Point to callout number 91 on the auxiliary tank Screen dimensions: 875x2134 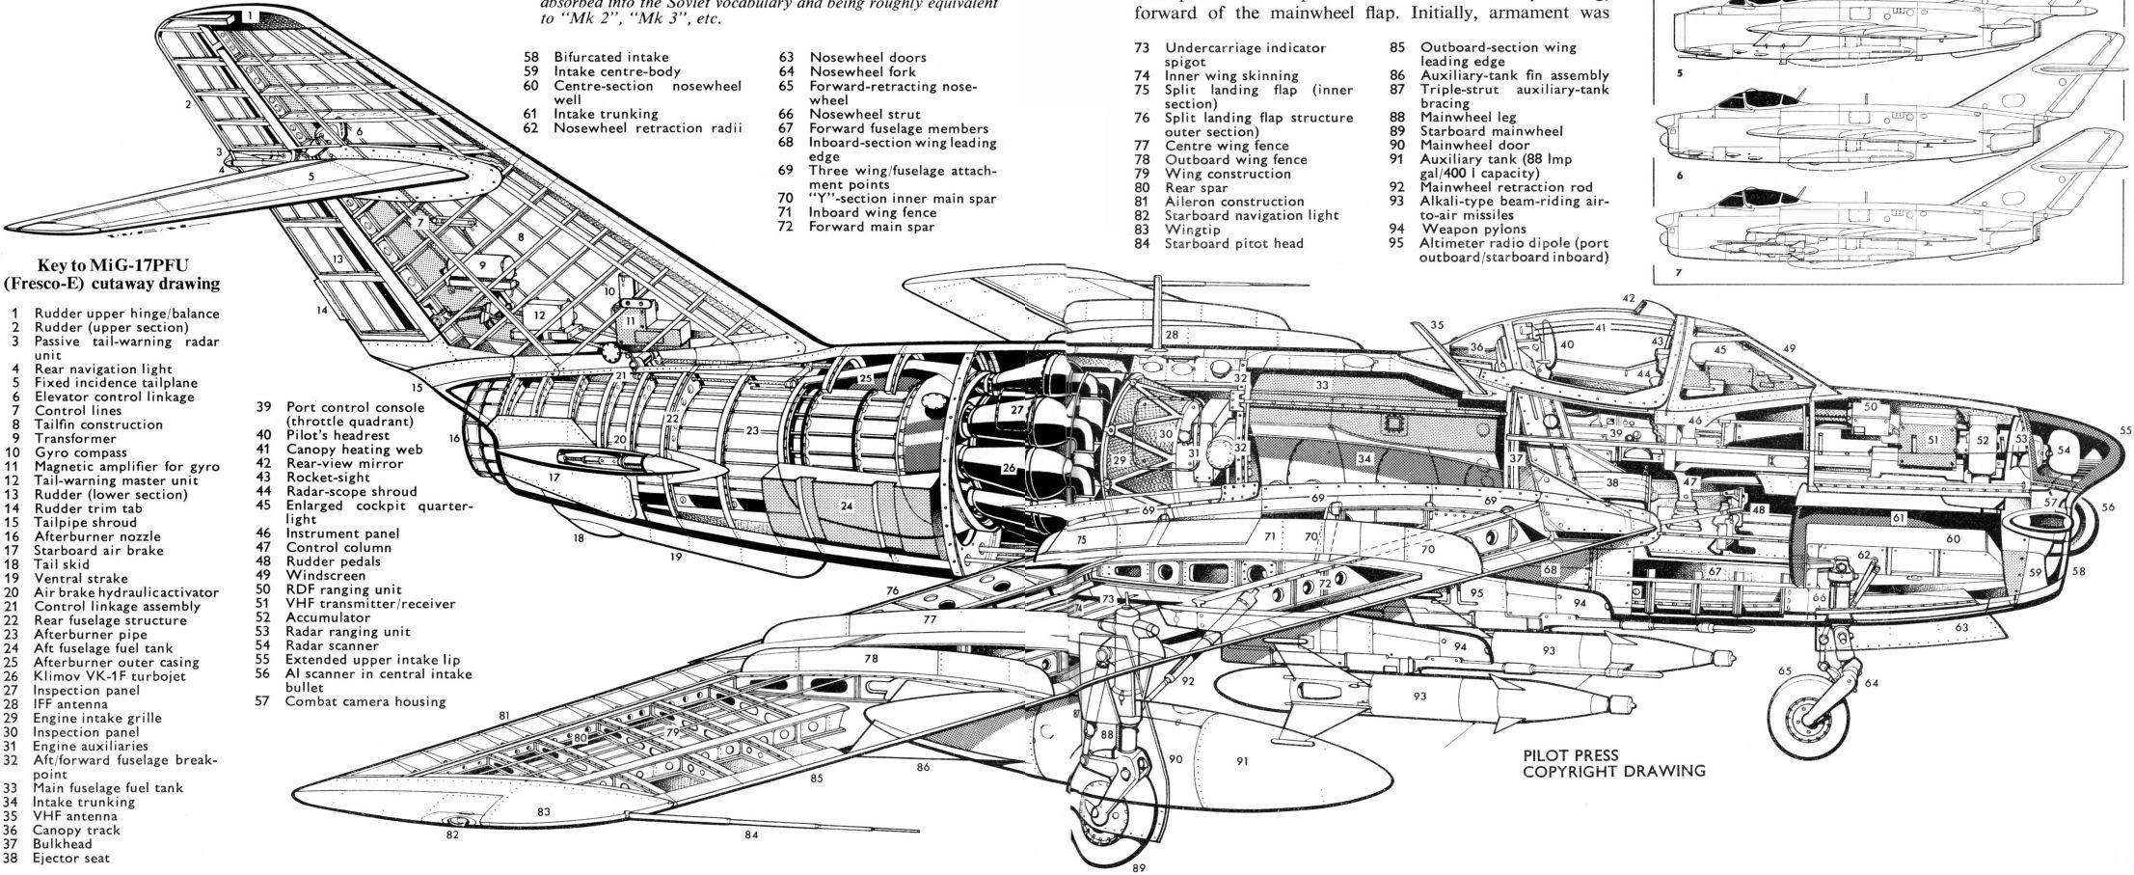pyautogui.click(x=1243, y=761)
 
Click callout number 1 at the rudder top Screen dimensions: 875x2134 pyautogui.click(x=249, y=15)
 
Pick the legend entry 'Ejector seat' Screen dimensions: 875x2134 pyautogui.click(x=71, y=858)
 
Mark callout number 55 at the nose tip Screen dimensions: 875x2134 pyautogui.click(x=2125, y=431)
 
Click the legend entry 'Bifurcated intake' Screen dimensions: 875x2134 pyautogui.click(x=610, y=57)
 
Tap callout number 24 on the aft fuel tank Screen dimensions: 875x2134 pyautogui.click(x=846, y=505)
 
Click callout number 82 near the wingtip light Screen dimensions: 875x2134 pyautogui.click(x=452, y=835)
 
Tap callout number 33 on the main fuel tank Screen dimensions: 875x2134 pyautogui.click(x=1322, y=385)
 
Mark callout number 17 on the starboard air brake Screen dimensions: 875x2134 pyautogui.click(x=554, y=478)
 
